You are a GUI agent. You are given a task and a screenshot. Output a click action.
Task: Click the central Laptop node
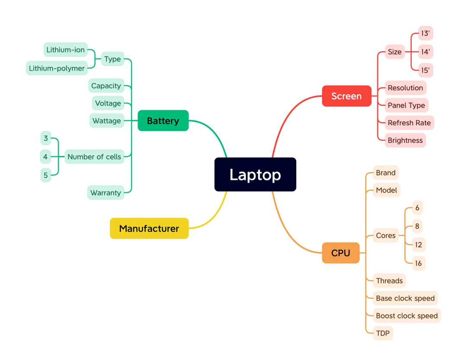255,174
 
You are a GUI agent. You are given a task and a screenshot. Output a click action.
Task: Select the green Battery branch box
163,121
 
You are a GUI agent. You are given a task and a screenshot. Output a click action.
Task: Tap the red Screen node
346,96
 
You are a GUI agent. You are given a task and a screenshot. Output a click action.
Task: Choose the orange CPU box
340,253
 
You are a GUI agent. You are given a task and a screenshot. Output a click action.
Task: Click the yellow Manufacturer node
149,228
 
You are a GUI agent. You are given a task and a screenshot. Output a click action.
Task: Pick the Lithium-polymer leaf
57,68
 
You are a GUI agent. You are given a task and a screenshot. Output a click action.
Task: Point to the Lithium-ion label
66,50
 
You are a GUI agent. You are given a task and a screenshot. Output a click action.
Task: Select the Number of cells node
94,156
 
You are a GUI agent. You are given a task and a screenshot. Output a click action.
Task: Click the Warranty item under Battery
106,192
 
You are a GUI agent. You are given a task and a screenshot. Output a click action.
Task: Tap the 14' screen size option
425,52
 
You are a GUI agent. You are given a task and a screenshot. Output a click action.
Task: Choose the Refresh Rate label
409,123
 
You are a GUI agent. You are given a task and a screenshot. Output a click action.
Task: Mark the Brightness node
405,140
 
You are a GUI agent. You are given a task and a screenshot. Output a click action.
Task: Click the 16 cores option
418,263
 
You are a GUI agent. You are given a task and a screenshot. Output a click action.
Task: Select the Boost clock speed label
406,315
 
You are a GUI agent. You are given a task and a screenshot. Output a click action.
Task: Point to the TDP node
383,333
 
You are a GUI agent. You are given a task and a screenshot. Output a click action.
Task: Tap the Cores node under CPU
386,236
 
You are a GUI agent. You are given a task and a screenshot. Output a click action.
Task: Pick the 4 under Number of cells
45,156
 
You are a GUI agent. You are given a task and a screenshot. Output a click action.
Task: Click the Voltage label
108,103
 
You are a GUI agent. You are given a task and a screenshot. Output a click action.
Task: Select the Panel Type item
406,105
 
